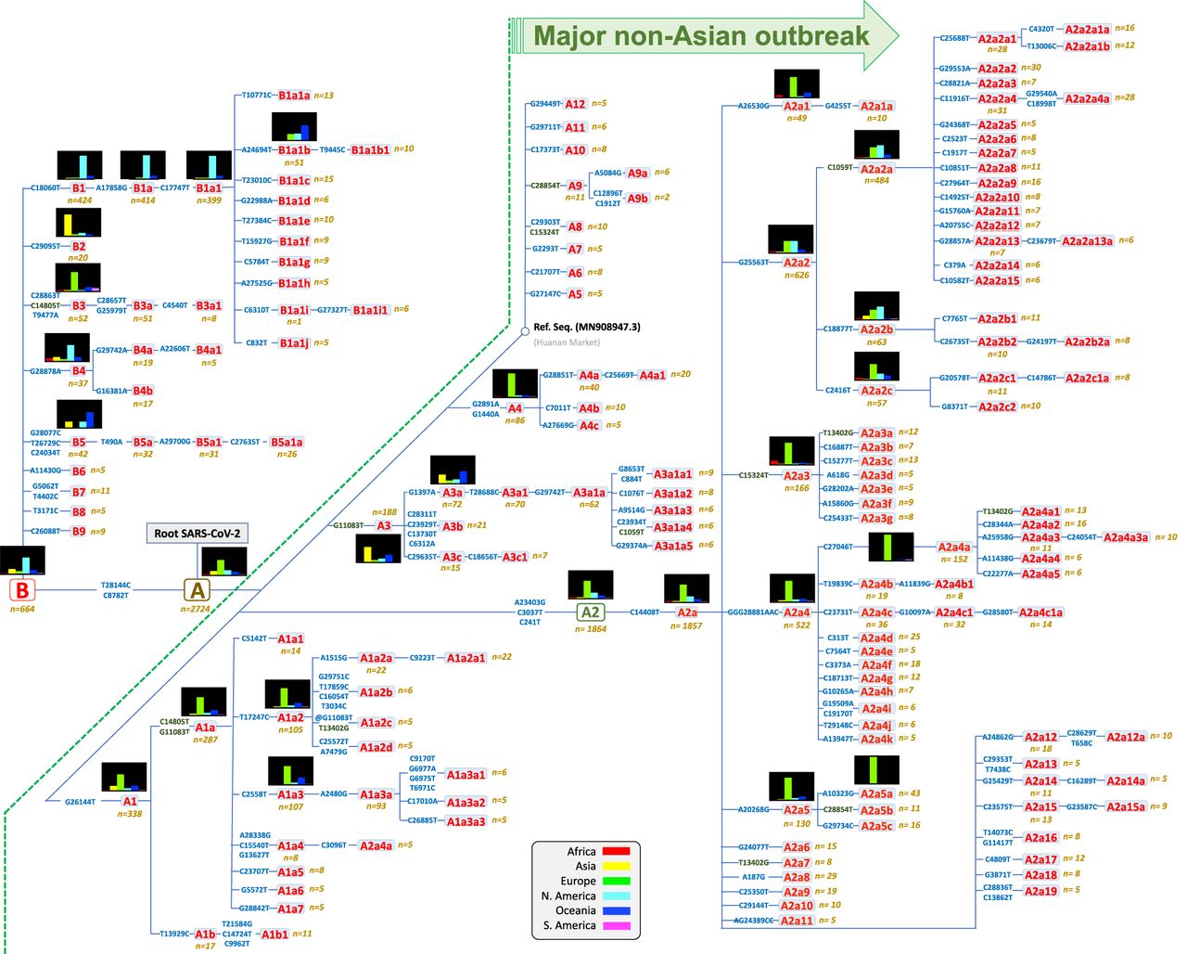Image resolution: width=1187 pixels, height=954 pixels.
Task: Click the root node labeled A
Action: click(x=197, y=590)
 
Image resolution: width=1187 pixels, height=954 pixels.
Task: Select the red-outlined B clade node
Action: click(x=21, y=590)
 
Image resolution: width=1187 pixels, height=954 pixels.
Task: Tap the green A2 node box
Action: click(x=590, y=612)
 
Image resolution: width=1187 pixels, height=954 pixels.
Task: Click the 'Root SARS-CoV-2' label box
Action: click(x=197, y=534)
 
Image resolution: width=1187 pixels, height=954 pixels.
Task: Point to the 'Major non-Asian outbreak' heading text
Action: click(x=701, y=36)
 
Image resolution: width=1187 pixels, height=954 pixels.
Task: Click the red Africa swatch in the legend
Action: click(x=616, y=851)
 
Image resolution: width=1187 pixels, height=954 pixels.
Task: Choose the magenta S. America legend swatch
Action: click(x=616, y=925)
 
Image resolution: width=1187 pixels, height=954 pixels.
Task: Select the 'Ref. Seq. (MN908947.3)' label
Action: click(x=586, y=328)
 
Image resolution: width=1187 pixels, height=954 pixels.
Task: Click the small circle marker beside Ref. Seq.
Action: click(x=525, y=330)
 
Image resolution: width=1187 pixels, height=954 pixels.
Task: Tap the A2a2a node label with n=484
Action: click(x=875, y=170)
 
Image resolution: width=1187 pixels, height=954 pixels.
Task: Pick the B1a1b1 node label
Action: click(x=370, y=149)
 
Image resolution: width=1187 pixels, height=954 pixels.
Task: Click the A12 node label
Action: click(x=575, y=104)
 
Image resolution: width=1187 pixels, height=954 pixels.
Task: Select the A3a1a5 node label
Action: click(x=672, y=546)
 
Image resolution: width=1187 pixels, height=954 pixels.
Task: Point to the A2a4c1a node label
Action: click(x=1040, y=612)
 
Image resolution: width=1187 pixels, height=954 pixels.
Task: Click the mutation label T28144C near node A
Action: click(x=116, y=586)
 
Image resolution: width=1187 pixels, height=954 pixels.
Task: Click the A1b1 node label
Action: click(x=274, y=935)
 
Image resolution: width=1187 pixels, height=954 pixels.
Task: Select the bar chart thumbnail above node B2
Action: click(x=79, y=223)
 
